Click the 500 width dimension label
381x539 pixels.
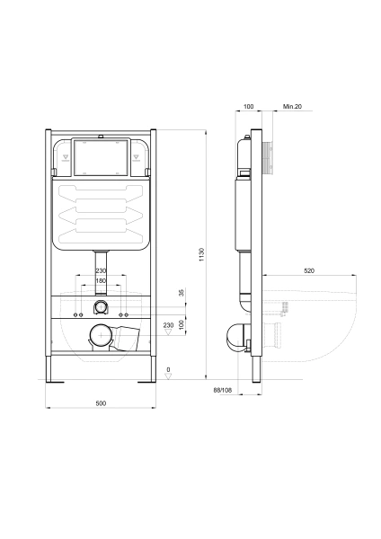coord(101,403)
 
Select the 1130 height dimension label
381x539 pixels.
coord(201,254)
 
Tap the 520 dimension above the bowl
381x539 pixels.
coord(309,271)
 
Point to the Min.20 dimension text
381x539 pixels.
coord(292,107)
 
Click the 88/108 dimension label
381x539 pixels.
coord(223,390)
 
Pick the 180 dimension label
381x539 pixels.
coord(101,281)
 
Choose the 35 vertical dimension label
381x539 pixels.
coord(182,293)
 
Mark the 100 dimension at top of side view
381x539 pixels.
coord(248,107)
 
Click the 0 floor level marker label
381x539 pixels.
coord(168,369)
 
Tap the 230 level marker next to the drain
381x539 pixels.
coord(169,325)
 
